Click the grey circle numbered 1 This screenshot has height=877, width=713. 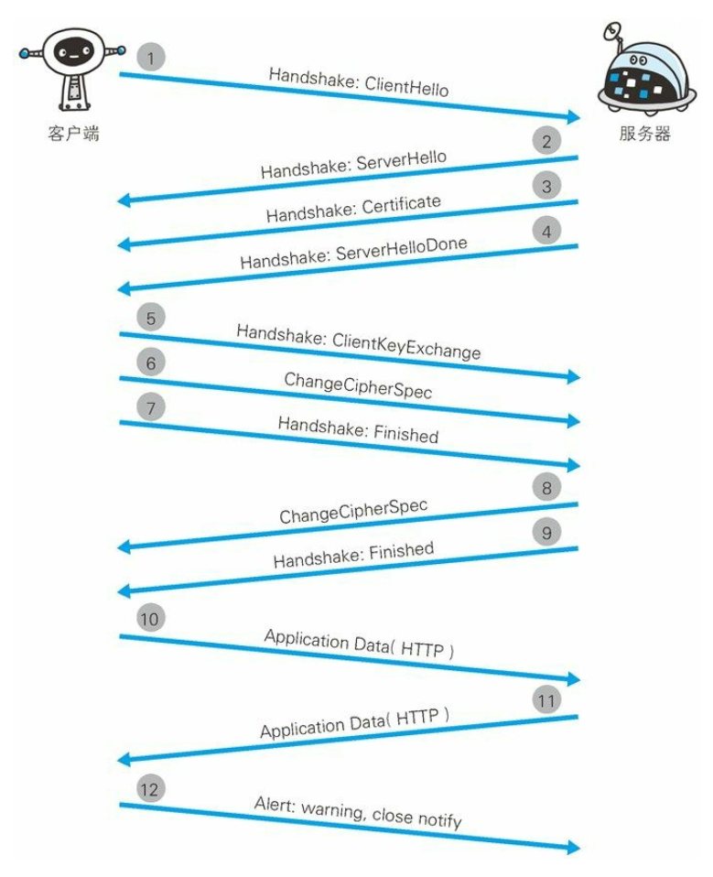pyautogui.click(x=150, y=57)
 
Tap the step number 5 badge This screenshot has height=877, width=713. pyautogui.click(x=151, y=318)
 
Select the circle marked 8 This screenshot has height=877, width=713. pyautogui.click(x=546, y=488)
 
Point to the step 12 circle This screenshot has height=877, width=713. pyautogui.click(x=150, y=789)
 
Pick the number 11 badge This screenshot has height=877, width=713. pyautogui.click(x=546, y=700)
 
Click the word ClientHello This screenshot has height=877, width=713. pyautogui.click(x=406, y=87)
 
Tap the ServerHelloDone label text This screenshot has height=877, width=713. pyautogui.click(x=401, y=249)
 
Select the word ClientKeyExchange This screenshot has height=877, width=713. pyautogui.click(x=406, y=345)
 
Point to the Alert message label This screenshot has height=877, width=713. pyautogui.click(x=358, y=812)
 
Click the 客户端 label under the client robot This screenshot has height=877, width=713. pyautogui.click(x=73, y=134)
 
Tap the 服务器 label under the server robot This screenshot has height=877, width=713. pyautogui.click(x=644, y=134)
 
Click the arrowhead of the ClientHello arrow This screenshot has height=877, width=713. pyautogui.click(x=574, y=116)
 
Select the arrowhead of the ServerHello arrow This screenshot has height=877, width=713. pyautogui.click(x=124, y=200)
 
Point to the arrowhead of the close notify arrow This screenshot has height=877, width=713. pyautogui.click(x=574, y=847)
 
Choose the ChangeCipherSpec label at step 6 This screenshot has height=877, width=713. pyautogui.click(x=358, y=386)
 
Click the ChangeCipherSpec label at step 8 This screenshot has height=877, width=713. pyautogui.click(x=353, y=511)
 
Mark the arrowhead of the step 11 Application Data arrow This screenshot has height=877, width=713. pyautogui.click(x=124, y=759)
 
